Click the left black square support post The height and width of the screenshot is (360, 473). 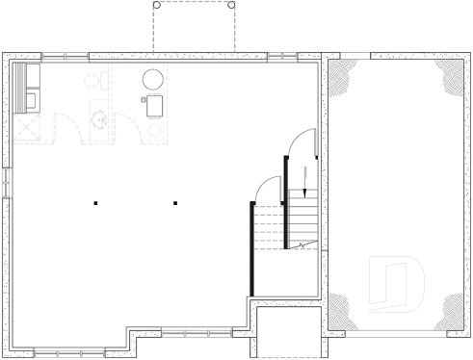coord(95,202)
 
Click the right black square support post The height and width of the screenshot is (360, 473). coord(175,202)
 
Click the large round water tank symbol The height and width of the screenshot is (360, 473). coord(153,80)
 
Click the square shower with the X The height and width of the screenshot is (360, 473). coord(27,126)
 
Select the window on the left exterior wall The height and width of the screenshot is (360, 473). coord(6,182)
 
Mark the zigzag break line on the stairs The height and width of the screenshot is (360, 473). coord(303,247)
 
